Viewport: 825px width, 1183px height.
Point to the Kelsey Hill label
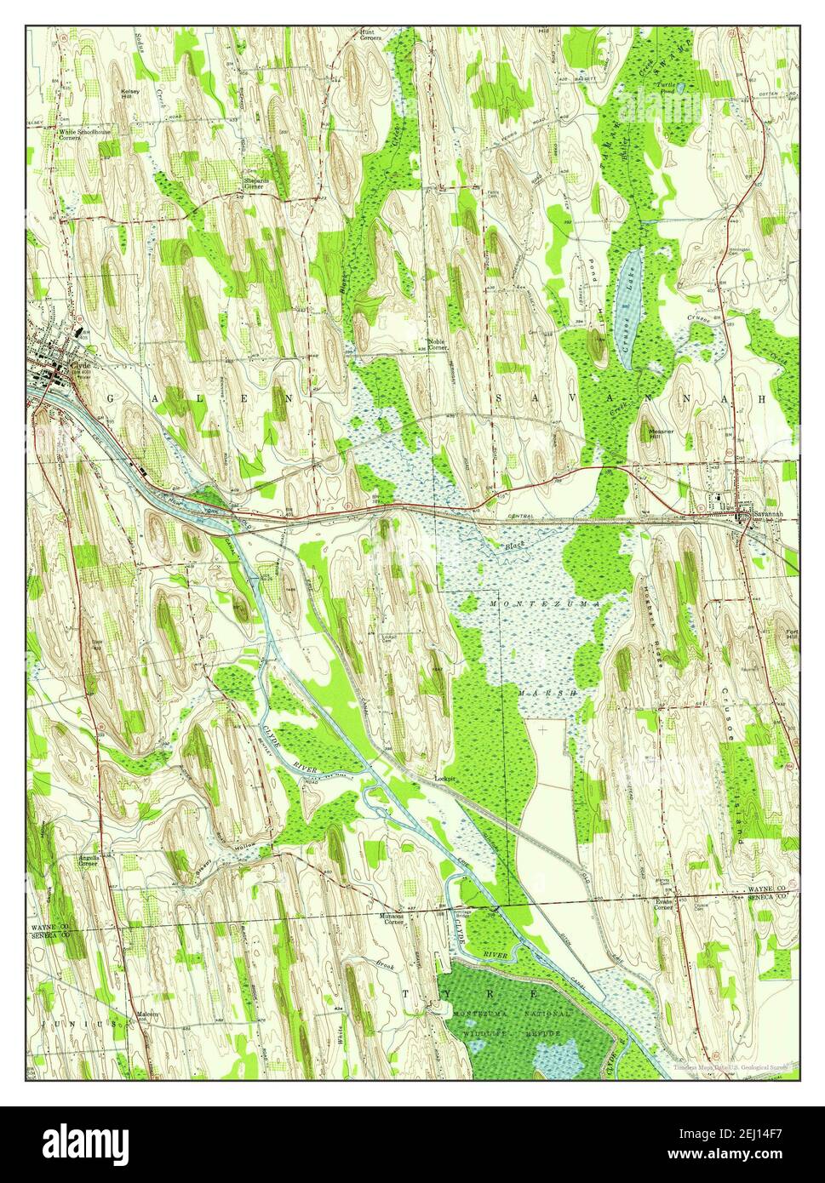(x=130, y=94)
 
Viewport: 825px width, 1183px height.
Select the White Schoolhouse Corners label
(x=81, y=135)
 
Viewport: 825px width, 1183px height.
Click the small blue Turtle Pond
(x=677, y=86)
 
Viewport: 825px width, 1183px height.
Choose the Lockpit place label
(x=444, y=777)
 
